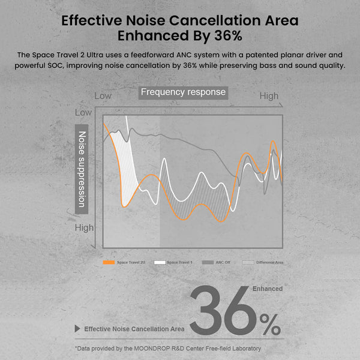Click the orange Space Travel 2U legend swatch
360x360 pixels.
tap(109, 262)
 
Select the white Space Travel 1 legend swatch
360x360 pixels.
tap(160, 262)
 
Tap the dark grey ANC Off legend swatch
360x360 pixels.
tap(208, 262)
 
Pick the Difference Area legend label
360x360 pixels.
tap(269, 262)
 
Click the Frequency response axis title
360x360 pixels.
tap(183, 92)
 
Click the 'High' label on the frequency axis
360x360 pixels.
tap(269, 95)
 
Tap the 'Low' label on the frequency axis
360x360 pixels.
tap(103, 95)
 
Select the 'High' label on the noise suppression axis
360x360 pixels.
tap(84, 227)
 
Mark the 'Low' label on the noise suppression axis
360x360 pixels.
tap(83, 112)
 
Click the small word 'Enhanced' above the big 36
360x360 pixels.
tap(267, 289)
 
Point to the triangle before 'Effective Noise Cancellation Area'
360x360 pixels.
tap(77, 329)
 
